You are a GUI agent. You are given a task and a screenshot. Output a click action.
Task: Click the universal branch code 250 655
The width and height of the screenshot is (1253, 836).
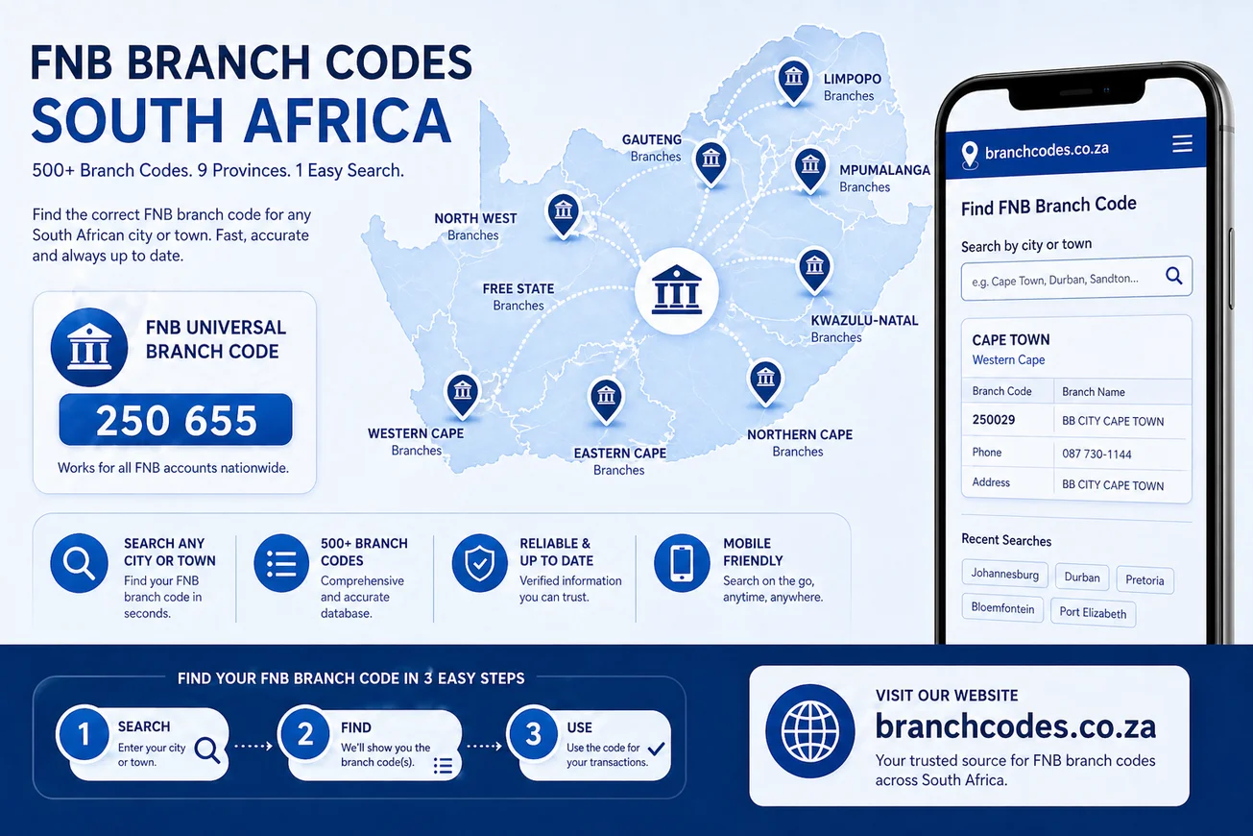pos(176,420)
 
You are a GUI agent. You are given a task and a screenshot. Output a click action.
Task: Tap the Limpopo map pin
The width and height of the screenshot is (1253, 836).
pos(792,79)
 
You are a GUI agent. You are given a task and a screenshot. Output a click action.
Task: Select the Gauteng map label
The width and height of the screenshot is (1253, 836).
pos(653,147)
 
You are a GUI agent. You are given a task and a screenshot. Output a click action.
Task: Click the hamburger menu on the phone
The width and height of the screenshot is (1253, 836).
pos(1182,144)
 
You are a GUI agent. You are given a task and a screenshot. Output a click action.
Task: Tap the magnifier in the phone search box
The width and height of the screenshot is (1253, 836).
pos(1173,277)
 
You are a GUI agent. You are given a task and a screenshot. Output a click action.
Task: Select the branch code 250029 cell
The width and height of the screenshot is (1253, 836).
pos(994,420)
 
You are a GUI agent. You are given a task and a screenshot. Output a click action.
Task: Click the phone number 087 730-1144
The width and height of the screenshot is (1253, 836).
pos(1096,454)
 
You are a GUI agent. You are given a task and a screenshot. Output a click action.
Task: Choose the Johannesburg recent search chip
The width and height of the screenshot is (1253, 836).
pos(1004,575)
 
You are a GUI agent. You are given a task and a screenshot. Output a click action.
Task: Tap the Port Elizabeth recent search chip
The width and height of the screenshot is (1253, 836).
pos(1093,612)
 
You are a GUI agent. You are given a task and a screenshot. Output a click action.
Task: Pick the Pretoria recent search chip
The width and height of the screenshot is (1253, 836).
pos(1145,580)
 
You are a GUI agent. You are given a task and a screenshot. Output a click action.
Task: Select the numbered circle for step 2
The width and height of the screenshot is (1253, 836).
pos(305,735)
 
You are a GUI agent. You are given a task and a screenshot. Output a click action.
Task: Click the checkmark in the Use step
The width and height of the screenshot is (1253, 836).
pos(657,748)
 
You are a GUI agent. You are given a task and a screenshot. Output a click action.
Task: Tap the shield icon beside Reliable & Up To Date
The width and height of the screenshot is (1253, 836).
pos(479,563)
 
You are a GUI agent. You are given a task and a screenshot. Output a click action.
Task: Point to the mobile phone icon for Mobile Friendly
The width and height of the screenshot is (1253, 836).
pos(682,563)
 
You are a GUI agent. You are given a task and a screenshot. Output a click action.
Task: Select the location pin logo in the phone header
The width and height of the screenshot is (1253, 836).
pos(969,152)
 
